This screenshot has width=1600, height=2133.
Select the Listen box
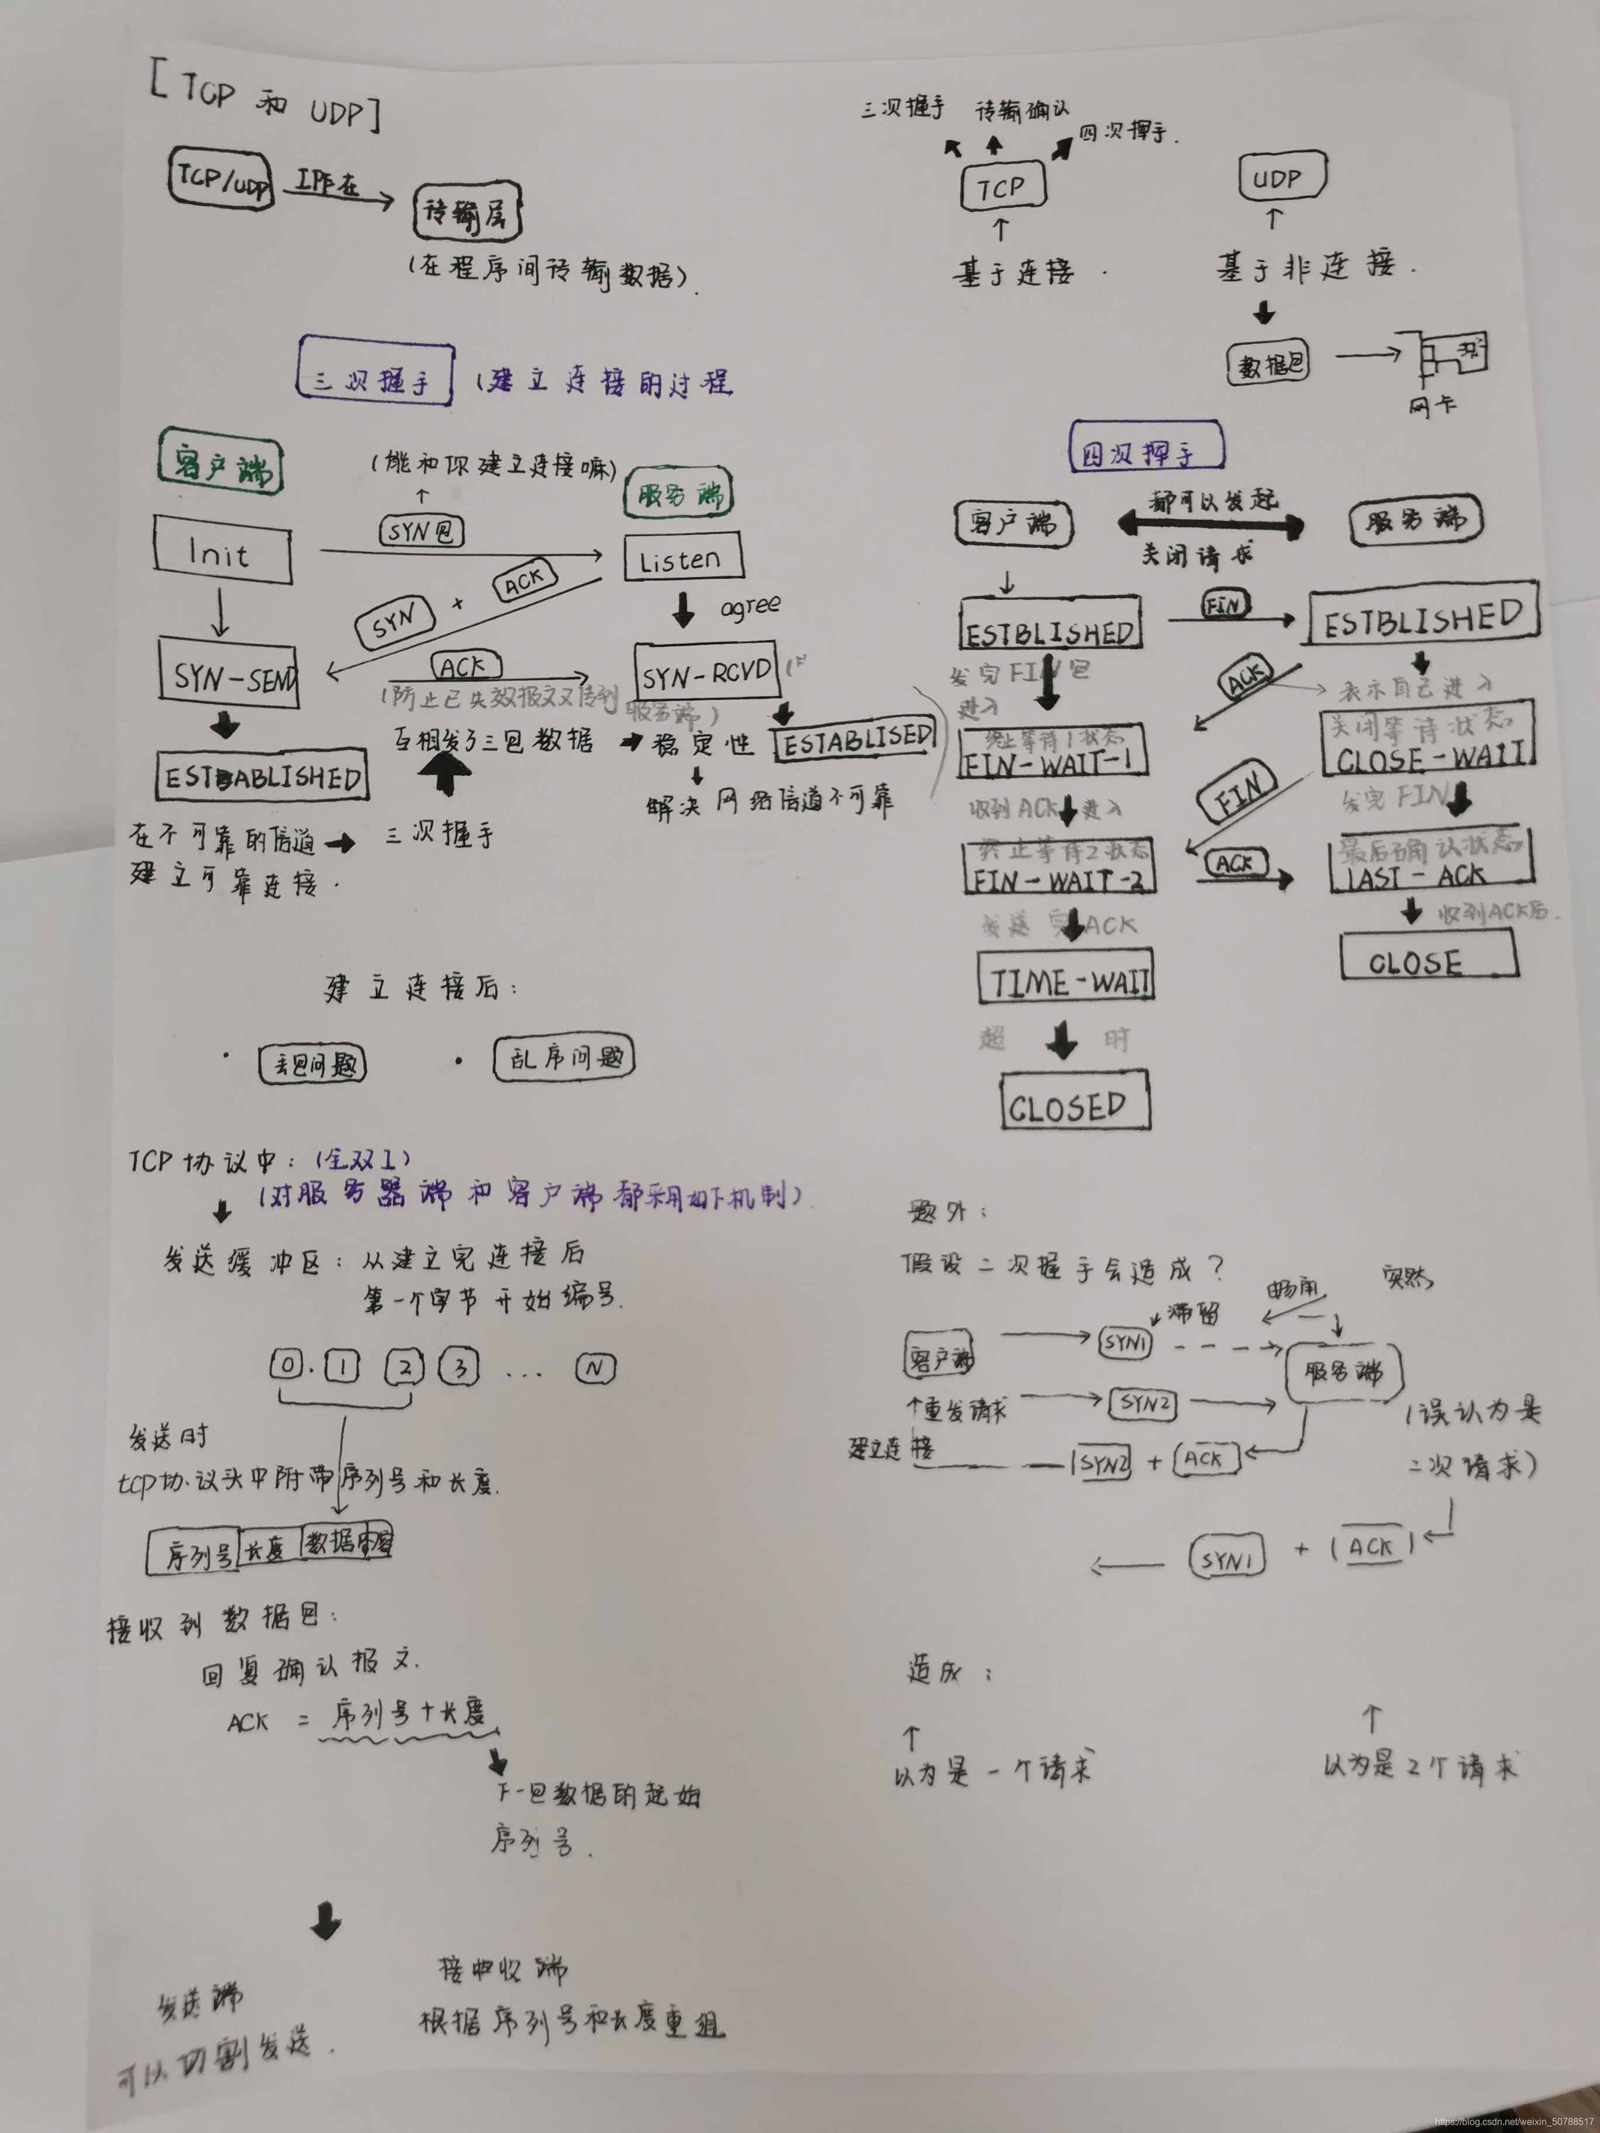pyautogui.click(x=683, y=558)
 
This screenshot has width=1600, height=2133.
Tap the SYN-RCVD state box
pyautogui.click(x=708, y=672)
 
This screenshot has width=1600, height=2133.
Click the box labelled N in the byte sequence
pyautogui.click(x=596, y=1368)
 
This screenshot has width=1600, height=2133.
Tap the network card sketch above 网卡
pyautogui.click(x=1451, y=358)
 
